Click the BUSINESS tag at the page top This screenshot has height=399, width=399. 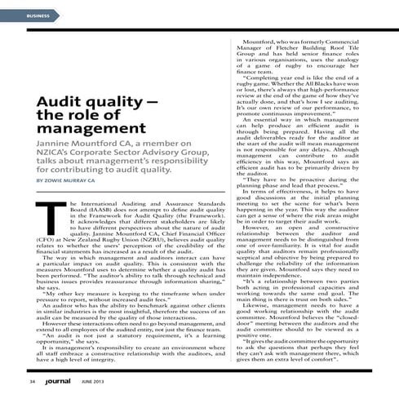[38, 16]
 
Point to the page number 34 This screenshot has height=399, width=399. [31, 382]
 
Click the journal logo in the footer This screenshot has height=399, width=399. [63, 381]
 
